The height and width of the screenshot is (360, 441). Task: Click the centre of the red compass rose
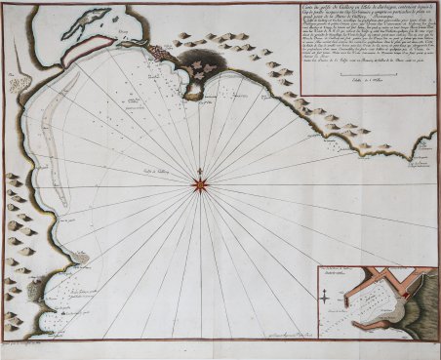pos(201,181)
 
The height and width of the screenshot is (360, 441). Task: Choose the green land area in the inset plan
pos(415,312)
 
